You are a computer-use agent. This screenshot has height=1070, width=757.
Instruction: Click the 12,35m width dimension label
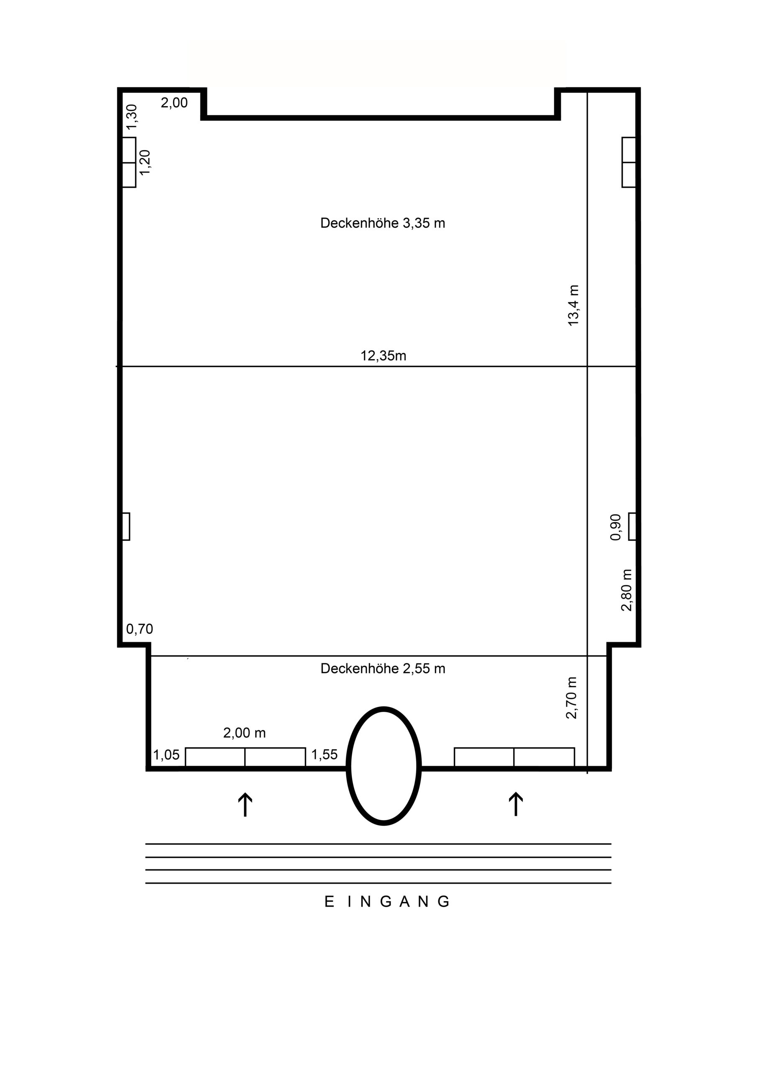pos(384,356)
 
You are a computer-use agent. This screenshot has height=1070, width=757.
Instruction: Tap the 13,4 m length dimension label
pos(573,305)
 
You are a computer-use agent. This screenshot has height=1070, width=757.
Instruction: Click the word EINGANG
pos(387,902)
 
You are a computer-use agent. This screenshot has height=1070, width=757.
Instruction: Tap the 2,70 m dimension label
pos(572,698)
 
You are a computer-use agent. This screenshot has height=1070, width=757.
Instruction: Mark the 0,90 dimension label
pos(616,527)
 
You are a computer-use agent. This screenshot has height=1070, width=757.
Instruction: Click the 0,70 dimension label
pos(139,629)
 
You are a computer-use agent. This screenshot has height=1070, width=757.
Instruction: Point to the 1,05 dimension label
pos(166,755)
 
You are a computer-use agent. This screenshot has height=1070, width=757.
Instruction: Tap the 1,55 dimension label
pos(324,754)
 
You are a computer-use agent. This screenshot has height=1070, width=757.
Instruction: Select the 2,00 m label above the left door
pos(244,733)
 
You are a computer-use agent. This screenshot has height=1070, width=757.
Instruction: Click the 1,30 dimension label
pos(132,117)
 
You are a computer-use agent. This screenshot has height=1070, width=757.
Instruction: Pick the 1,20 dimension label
pos(145,162)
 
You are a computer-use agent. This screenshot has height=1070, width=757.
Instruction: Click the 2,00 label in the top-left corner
pos(174,102)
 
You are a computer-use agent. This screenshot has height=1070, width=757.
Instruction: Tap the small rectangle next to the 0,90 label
pos(632,527)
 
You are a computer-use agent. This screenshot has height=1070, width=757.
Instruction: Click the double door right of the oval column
pos(514,757)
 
